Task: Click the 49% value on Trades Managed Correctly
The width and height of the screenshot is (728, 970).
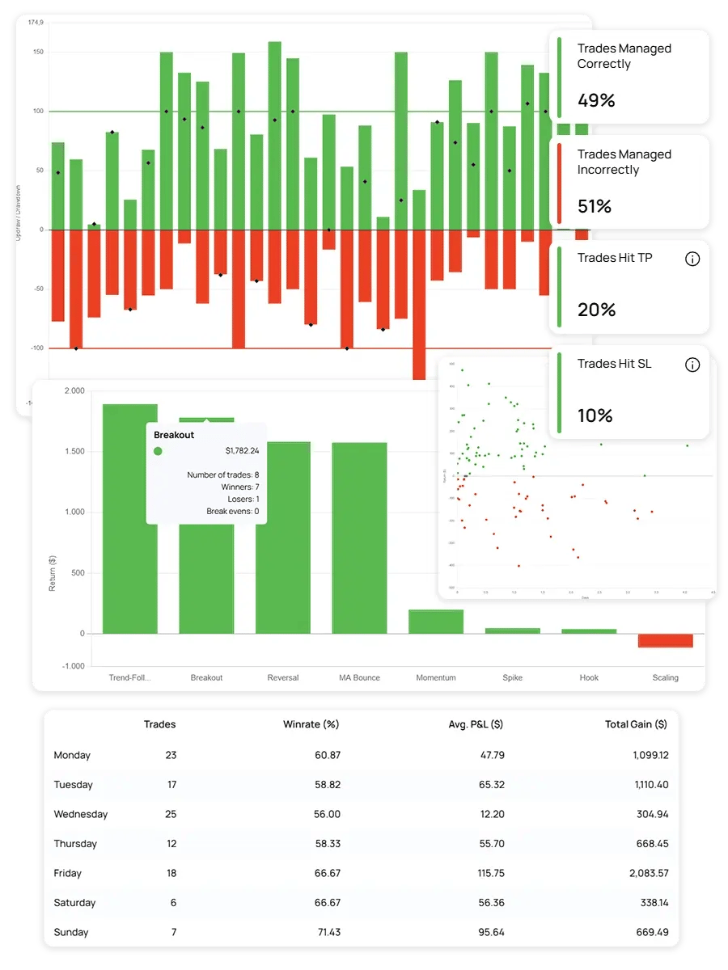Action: (596, 101)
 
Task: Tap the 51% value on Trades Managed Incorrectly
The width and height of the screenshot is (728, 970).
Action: (595, 207)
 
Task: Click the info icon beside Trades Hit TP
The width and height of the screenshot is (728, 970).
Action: (692, 259)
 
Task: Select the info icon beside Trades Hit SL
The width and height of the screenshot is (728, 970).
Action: (692, 365)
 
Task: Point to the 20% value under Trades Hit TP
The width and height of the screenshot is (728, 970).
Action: (596, 310)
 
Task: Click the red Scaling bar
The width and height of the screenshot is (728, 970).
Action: (666, 640)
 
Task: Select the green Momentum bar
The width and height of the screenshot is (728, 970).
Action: (436, 622)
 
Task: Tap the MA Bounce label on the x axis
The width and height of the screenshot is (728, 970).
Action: (359, 677)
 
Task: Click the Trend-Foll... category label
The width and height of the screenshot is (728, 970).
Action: (129, 677)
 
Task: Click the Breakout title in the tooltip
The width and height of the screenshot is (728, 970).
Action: (174, 435)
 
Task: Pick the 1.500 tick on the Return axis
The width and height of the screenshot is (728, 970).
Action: (74, 451)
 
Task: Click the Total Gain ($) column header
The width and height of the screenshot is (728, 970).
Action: (636, 724)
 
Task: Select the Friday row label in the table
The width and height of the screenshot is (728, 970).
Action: (68, 873)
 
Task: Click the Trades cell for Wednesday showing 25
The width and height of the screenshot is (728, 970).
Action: (171, 814)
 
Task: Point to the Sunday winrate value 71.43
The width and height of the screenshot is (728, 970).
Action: (328, 932)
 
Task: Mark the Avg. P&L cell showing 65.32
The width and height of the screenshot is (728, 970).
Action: (491, 784)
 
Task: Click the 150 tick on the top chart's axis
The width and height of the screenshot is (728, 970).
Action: (38, 53)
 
